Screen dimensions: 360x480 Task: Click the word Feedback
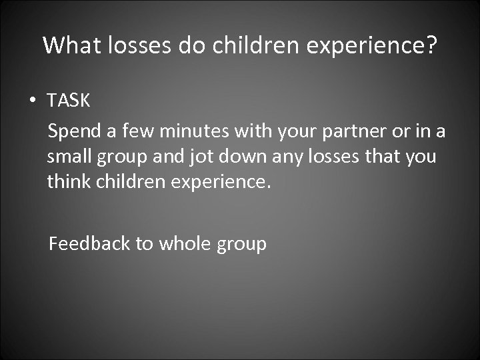click(x=90, y=244)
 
